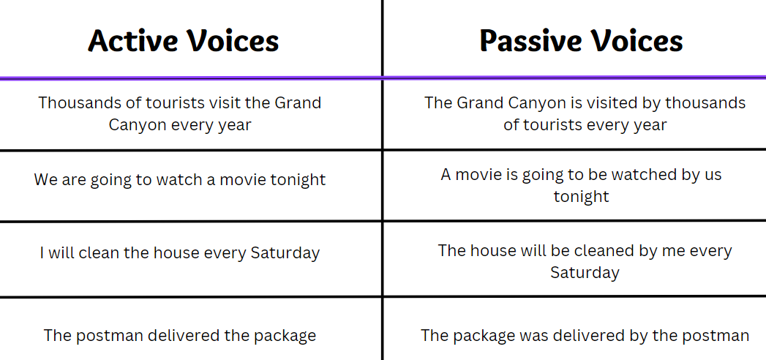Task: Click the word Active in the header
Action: click(133, 40)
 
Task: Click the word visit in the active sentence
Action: click(223, 103)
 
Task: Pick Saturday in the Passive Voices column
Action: click(585, 272)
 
